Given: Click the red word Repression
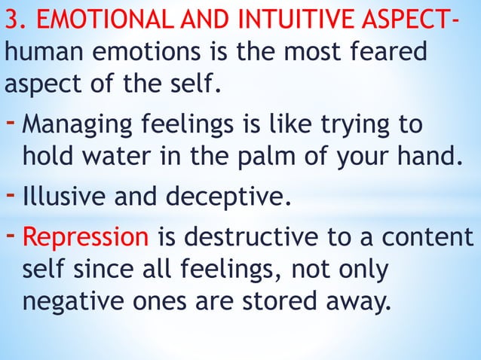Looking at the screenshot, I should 85,238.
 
